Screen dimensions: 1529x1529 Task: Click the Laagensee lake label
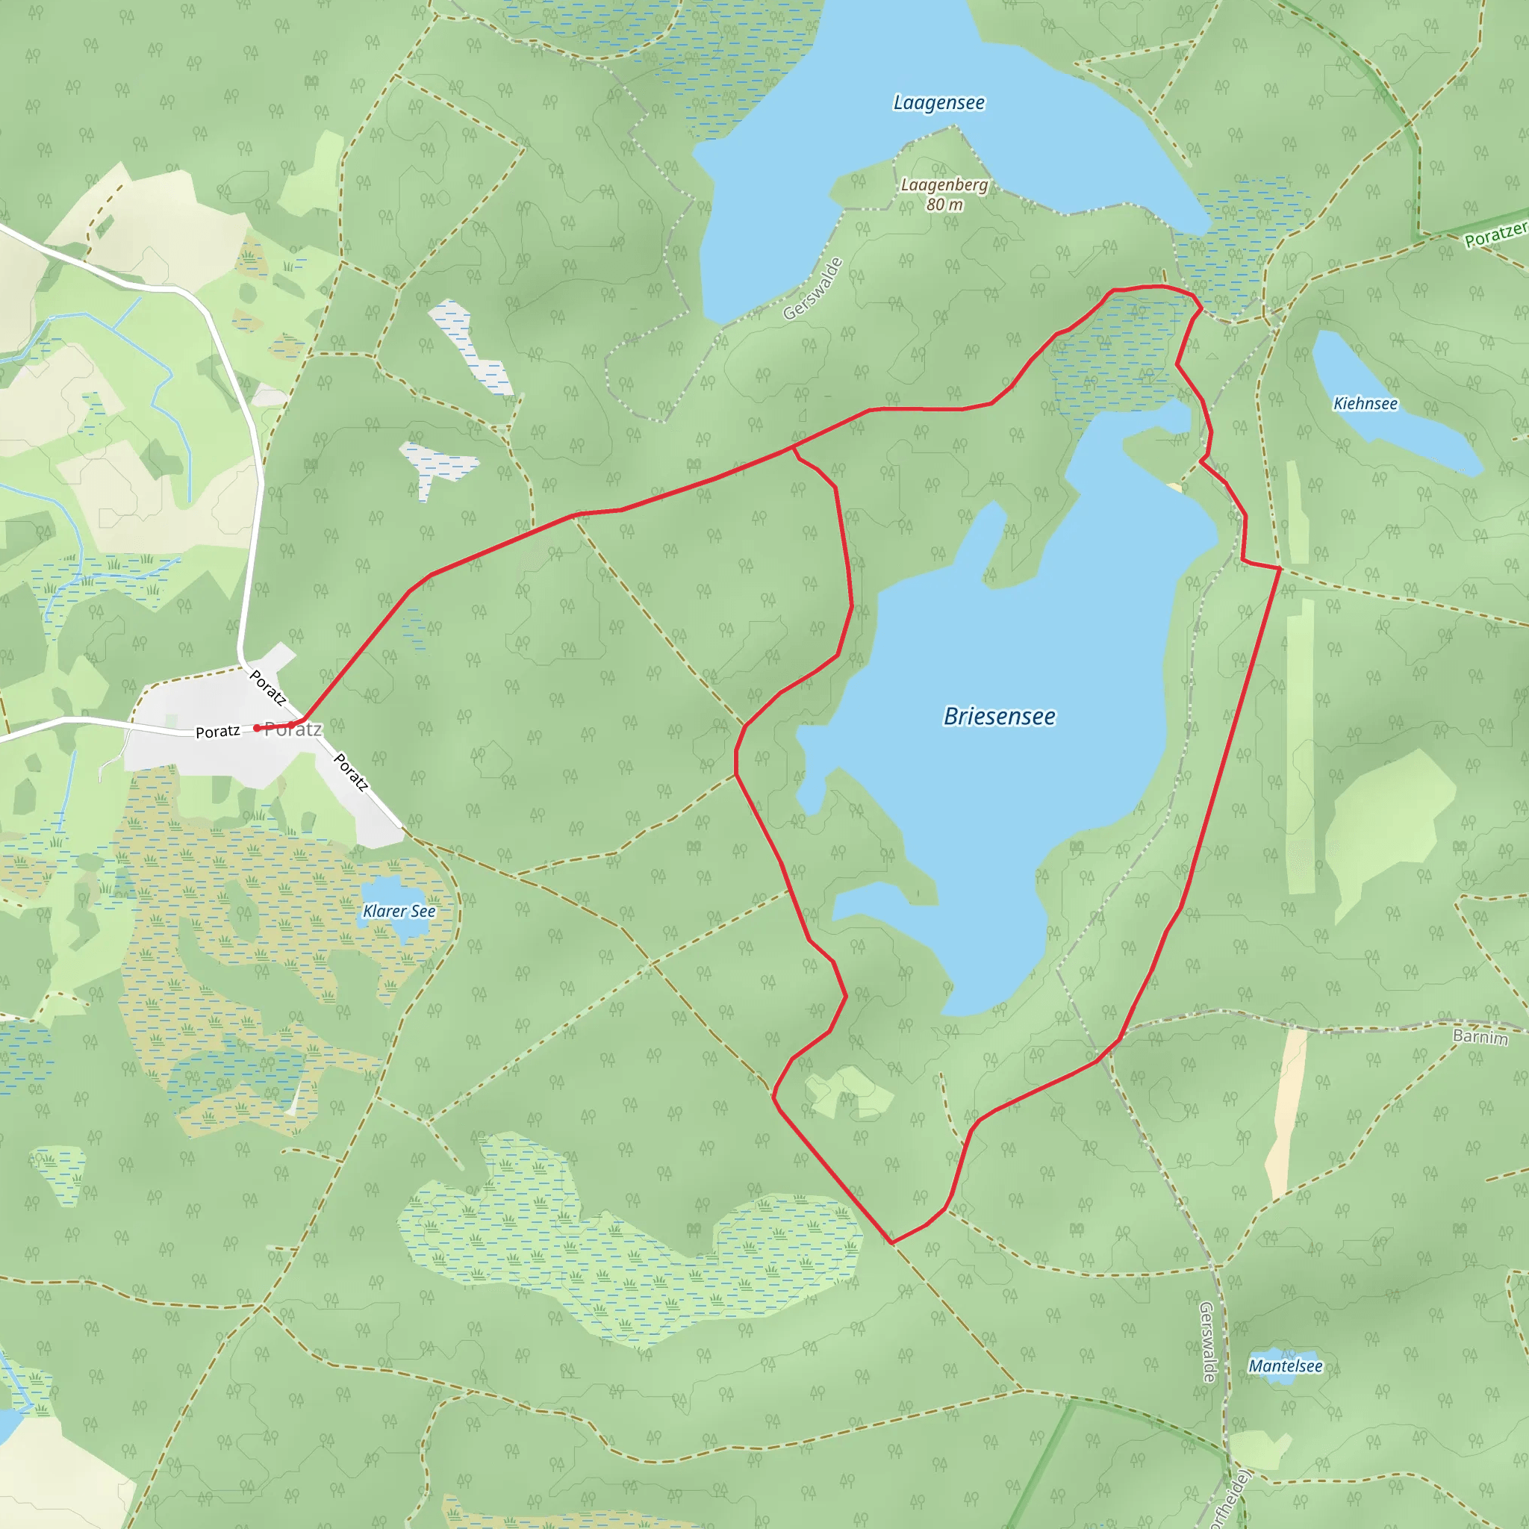[x=938, y=103]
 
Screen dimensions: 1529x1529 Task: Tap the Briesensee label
[x=999, y=716]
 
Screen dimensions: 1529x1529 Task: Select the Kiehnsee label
[x=1365, y=404]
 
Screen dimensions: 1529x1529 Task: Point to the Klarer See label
[x=399, y=911]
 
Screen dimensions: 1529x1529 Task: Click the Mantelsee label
[x=1286, y=1366]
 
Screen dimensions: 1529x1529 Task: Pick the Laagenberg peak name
[x=944, y=185]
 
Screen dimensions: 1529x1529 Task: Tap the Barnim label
[x=1480, y=1037]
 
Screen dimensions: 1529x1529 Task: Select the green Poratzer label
[x=1495, y=234]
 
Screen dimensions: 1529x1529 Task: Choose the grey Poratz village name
[x=293, y=729]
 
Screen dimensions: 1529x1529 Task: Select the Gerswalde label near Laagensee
[x=813, y=289]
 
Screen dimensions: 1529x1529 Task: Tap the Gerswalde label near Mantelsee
[x=1207, y=1342]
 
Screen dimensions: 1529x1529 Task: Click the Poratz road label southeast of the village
[x=351, y=773]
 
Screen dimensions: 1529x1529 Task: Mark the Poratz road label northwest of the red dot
[x=267, y=688]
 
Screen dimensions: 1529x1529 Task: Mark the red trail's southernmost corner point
[x=892, y=1243]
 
